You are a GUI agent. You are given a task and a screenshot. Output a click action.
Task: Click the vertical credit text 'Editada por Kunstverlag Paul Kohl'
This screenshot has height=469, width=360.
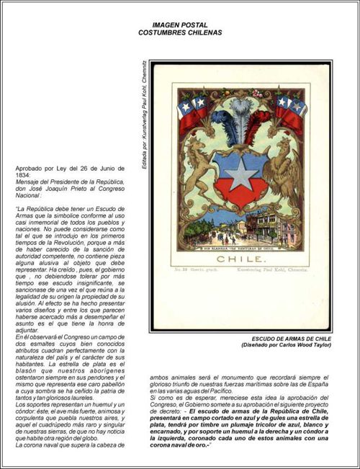[144, 116]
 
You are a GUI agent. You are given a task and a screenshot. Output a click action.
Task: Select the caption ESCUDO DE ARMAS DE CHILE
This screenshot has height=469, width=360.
[292, 339]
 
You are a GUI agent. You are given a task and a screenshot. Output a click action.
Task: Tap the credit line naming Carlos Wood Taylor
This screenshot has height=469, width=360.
[292, 346]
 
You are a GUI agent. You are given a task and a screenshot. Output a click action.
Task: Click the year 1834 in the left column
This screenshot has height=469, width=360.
[23, 174]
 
